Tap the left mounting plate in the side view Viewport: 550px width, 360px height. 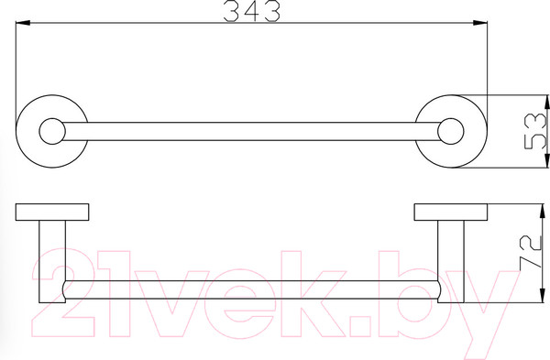[52, 213]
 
